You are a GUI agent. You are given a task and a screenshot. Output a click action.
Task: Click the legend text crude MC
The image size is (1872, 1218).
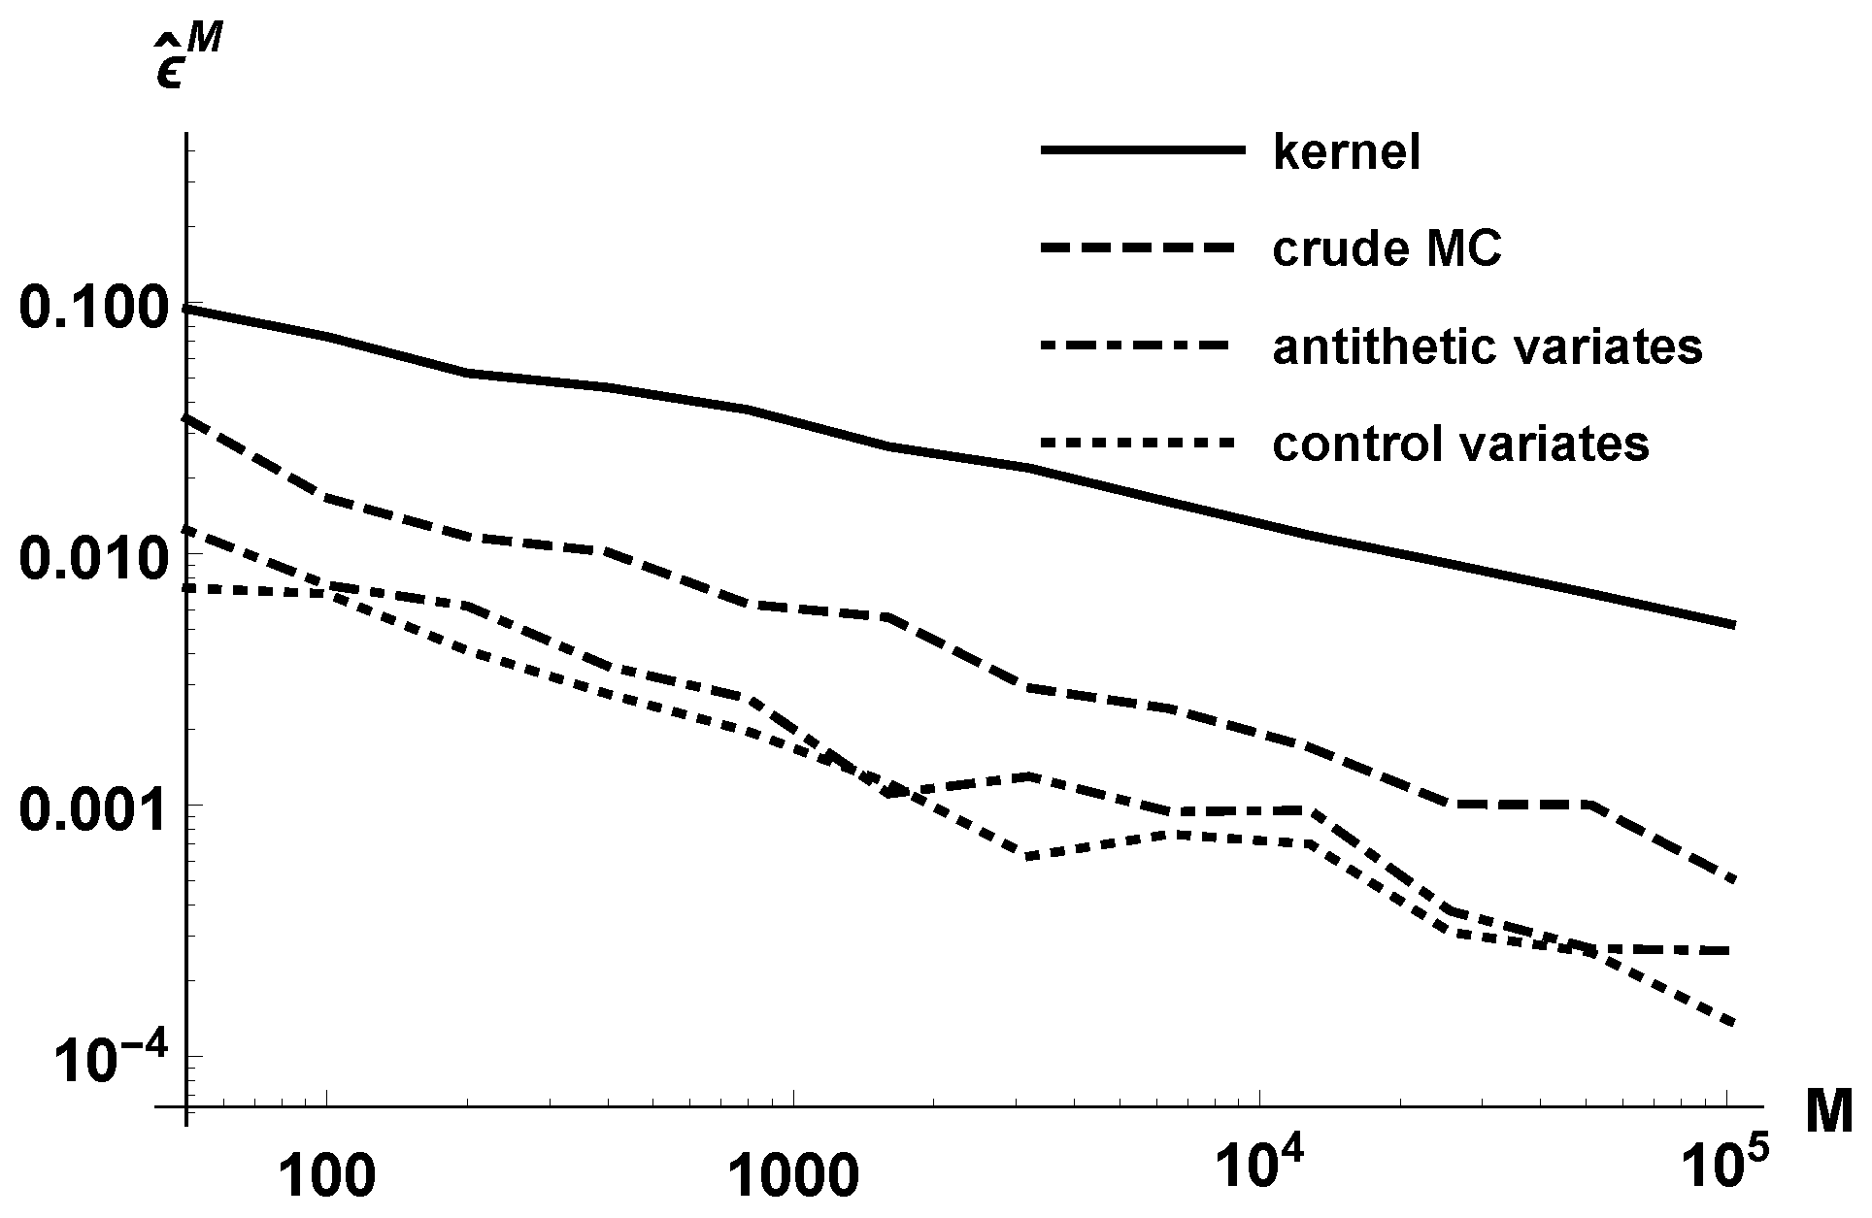1387,249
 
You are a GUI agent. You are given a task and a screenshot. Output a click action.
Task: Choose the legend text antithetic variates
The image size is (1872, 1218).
1487,347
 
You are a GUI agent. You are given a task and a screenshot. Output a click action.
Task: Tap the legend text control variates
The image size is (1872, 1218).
1460,444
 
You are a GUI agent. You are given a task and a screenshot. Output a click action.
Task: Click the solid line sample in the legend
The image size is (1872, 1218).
1142,149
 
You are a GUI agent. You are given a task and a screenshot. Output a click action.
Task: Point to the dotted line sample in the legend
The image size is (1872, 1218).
1142,443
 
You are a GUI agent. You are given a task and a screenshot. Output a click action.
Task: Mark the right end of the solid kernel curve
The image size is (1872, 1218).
1733,624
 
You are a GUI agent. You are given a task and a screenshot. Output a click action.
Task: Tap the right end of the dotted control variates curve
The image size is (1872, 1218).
1733,1023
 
